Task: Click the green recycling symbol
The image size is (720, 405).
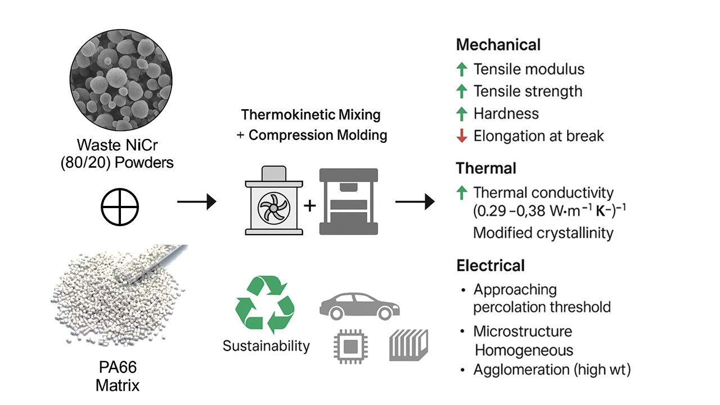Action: [x=265, y=304]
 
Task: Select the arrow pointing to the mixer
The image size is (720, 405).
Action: [x=196, y=201]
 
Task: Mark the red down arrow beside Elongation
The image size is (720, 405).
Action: [x=462, y=136]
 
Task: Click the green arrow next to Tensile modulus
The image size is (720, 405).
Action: [x=462, y=69]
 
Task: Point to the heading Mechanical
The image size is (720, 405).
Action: [x=498, y=45]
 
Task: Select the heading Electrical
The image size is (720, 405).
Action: [x=490, y=265]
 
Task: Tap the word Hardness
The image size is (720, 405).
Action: [x=506, y=114]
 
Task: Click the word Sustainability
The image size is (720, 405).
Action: [x=266, y=345]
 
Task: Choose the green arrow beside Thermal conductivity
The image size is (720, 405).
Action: [x=462, y=193]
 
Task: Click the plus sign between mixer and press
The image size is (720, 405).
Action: [x=310, y=205]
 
